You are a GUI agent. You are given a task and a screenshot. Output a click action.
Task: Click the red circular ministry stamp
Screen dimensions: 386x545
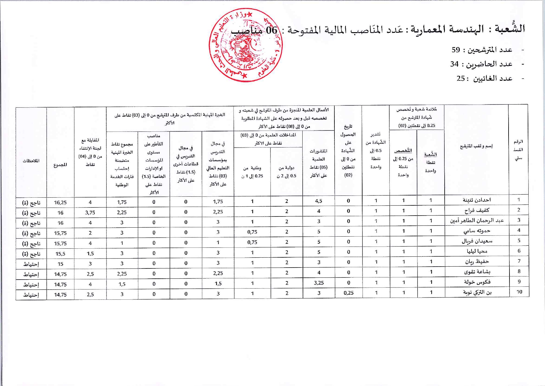coord(245,45)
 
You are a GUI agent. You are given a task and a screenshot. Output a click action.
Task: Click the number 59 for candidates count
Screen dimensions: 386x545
coord(456,50)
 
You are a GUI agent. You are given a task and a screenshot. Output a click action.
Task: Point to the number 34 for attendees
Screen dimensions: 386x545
coord(454,64)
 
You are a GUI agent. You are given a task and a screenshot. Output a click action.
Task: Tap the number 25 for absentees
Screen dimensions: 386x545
coord(461,79)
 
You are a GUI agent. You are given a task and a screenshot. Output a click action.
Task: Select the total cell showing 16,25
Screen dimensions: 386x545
coord(60,203)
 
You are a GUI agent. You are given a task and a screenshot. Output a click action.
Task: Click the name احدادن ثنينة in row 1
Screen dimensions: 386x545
coord(476,200)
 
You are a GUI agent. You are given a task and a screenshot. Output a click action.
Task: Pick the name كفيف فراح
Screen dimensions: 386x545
coord(477,210)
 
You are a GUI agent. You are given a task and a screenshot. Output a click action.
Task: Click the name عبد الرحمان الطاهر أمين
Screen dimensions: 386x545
coord(477,221)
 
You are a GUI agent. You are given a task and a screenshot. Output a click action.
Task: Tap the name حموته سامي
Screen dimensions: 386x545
coord(477,231)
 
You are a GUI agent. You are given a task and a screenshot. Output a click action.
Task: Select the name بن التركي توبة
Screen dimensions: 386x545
coord(477,292)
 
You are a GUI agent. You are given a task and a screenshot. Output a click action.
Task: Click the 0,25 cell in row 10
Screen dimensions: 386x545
coord(349,293)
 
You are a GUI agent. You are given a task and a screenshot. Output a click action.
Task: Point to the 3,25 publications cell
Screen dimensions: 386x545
coord(319,283)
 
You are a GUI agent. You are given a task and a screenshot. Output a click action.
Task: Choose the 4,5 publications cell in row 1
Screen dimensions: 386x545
coord(319,201)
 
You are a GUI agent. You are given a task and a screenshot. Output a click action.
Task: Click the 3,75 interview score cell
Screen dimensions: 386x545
coord(90,212)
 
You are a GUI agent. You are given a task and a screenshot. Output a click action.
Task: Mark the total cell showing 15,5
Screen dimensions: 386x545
coord(60,254)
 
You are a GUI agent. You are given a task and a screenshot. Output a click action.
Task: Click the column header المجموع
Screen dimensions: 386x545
coord(60,165)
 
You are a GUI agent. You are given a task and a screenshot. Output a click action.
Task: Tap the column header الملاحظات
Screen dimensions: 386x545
coord(31,161)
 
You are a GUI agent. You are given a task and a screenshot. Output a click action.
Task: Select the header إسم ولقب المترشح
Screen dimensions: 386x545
coord(476,146)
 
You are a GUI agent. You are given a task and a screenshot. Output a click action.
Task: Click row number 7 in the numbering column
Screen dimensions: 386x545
coord(519,261)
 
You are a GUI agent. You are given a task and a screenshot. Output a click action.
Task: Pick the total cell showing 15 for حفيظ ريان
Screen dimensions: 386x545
coord(60,264)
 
